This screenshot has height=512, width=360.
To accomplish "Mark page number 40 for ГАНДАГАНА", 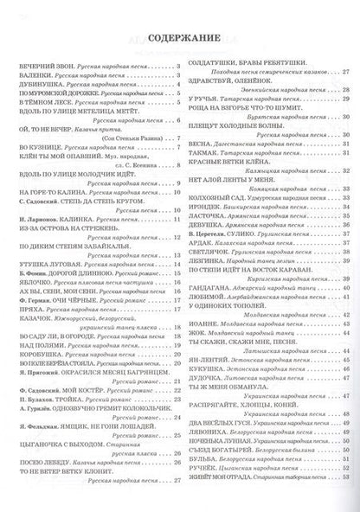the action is click(345, 282).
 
